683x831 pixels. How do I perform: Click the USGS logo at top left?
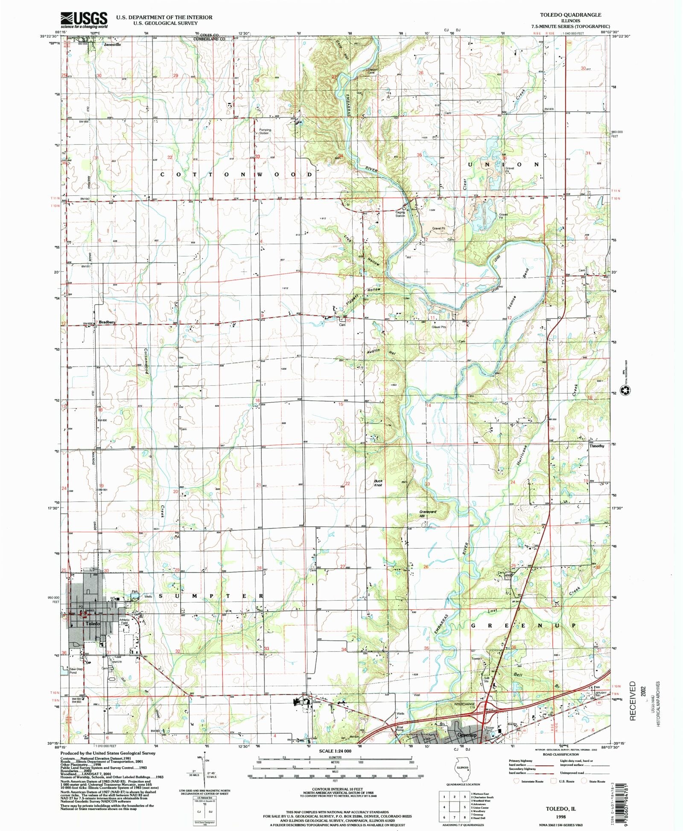[x=84, y=20]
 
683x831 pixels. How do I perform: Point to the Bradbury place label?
[x=108, y=322]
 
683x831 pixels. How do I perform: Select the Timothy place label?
[x=597, y=446]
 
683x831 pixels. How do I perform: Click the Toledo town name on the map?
[x=93, y=624]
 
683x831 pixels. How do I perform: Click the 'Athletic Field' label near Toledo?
[x=124, y=622]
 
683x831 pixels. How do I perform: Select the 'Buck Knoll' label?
[x=379, y=483]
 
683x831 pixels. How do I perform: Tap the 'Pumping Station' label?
[x=265, y=131]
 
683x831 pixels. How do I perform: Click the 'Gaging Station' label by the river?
[x=400, y=214]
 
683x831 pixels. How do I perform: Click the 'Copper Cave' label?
[x=372, y=71]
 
